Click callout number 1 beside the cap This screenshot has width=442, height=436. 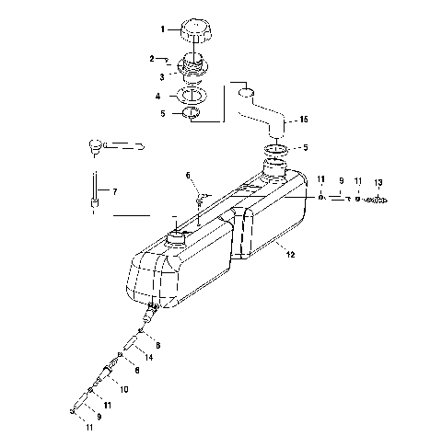[x=163, y=29]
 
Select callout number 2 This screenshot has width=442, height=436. [x=153, y=59]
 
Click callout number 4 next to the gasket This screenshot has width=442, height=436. [x=158, y=96]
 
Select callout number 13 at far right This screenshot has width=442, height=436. [x=378, y=183]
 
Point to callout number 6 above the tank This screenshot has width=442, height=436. [x=188, y=175]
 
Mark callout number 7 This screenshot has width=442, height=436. [x=115, y=191]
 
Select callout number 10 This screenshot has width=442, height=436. [x=123, y=389]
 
